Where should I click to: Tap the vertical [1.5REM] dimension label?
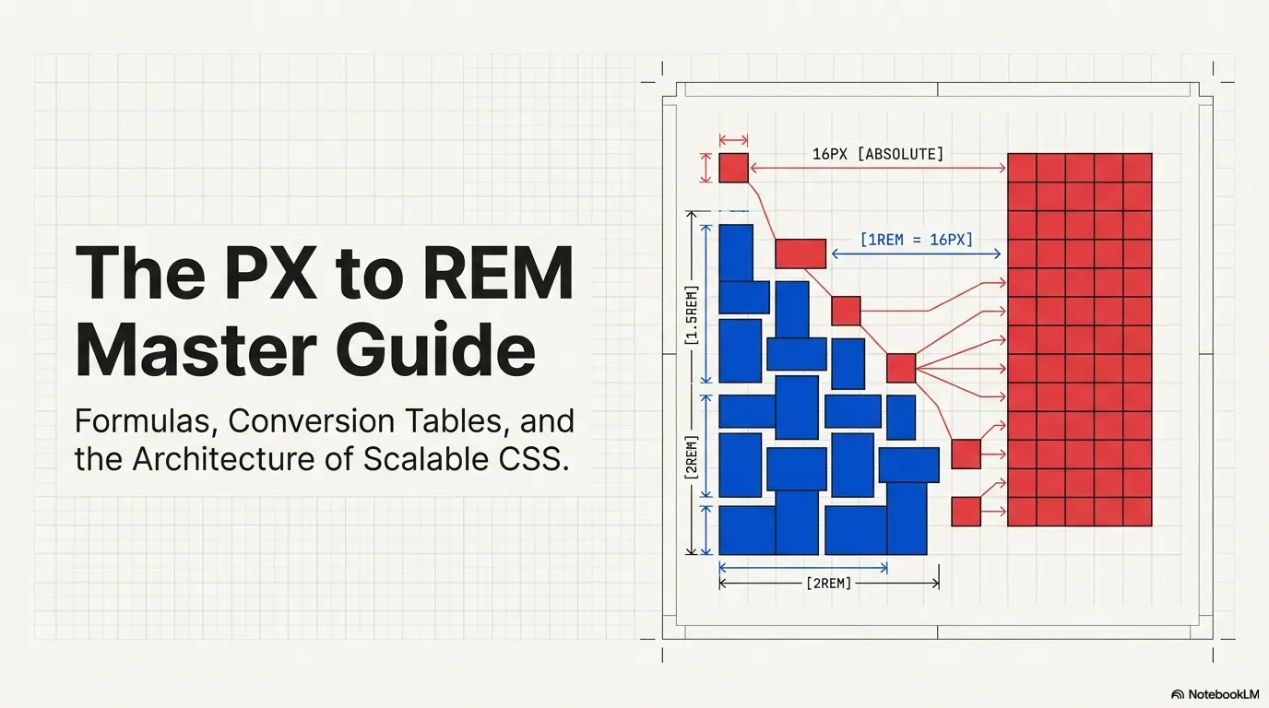692,314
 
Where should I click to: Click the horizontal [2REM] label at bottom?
828,583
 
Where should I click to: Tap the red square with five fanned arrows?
900,368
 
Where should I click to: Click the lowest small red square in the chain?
966,511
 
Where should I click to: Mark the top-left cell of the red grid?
1021,168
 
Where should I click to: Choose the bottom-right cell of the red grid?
1137,512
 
